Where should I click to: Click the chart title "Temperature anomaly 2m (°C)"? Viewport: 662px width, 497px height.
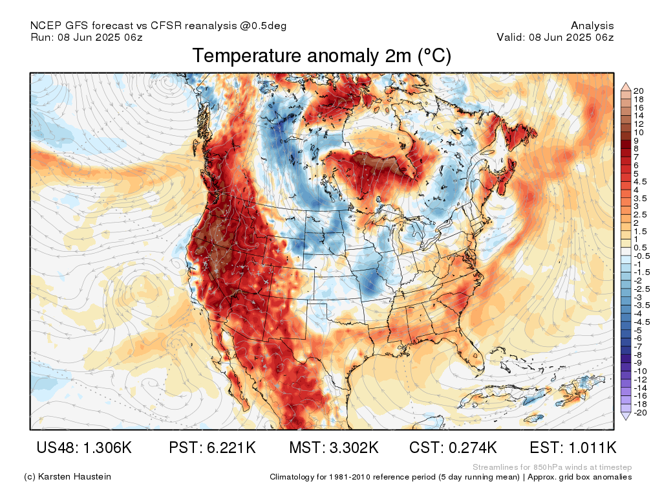click(x=322, y=56)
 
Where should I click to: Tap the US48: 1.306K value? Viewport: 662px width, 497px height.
click(x=84, y=447)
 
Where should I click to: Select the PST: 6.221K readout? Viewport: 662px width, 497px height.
click(x=212, y=447)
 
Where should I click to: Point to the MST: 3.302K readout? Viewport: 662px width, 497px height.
click(x=334, y=447)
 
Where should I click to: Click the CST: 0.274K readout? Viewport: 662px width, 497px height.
click(x=453, y=447)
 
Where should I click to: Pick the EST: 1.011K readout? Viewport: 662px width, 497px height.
click(x=573, y=447)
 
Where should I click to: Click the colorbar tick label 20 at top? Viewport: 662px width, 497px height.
click(x=638, y=91)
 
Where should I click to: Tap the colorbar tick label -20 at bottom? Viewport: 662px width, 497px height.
click(x=640, y=413)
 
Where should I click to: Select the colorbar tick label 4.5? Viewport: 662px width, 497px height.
click(x=640, y=182)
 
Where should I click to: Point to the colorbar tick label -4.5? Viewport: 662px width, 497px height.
click(x=642, y=322)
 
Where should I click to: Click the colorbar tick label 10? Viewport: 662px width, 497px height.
click(x=638, y=132)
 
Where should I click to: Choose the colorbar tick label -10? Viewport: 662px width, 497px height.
click(x=640, y=371)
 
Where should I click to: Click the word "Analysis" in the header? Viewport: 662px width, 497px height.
click(x=592, y=26)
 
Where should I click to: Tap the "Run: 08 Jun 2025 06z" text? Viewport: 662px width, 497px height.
click(x=87, y=37)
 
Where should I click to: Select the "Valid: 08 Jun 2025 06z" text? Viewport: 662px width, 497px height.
click(x=555, y=37)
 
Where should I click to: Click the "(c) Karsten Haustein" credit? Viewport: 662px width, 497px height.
click(x=67, y=477)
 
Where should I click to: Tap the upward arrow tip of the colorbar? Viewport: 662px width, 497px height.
click(x=626, y=83)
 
